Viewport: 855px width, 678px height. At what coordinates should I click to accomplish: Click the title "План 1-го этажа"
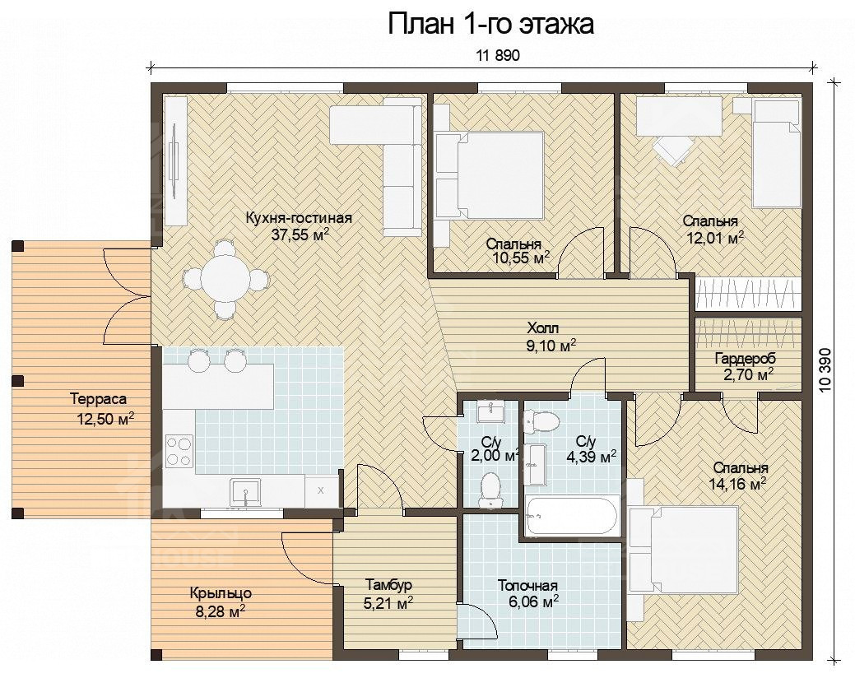pos(490,25)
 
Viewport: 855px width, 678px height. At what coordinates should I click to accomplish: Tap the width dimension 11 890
pos(498,55)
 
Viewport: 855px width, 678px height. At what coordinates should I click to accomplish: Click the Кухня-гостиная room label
pos(299,218)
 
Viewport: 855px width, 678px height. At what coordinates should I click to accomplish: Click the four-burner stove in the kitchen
pos(179,451)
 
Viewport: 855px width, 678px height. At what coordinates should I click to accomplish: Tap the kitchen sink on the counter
pos(245,493)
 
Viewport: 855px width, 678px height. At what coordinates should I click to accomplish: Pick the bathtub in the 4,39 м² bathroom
pos(571,516)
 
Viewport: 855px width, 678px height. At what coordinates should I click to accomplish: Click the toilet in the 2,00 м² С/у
pos(490,490)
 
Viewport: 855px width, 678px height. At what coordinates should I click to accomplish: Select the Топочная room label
pos(527,586)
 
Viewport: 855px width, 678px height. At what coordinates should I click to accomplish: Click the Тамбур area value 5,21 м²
pos(388,603)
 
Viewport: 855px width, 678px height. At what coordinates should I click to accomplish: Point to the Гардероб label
pos(745,360)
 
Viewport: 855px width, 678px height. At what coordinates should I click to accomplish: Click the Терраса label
pos(98,400)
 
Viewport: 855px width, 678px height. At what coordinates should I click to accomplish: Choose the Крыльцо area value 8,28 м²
pos(220,611)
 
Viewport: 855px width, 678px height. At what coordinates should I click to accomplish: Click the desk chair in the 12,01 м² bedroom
pos(673,148)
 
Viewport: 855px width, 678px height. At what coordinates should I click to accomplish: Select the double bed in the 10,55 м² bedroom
pos(490,176)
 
